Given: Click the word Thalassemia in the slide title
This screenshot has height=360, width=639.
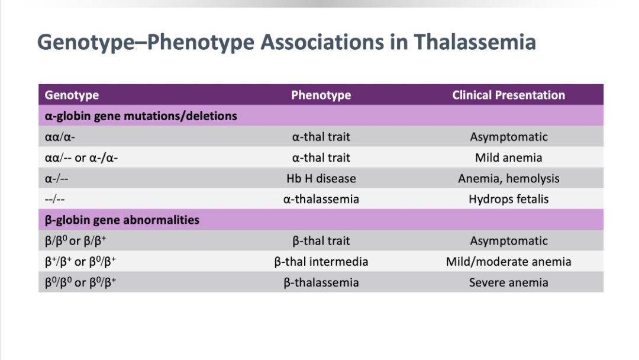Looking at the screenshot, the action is pos(475,42).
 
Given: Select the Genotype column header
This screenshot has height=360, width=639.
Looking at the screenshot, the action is pos(72,95).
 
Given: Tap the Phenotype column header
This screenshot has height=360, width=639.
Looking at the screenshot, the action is pos(321,95).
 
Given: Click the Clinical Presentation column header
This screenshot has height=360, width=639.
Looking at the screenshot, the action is pos(509,95).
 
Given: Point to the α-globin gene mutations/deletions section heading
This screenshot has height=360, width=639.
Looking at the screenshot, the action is pos(141,116).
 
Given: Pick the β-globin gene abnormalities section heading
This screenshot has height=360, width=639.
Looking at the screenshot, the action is pos(122,220).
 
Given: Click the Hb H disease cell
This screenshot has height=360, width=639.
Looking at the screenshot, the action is pos(321,179).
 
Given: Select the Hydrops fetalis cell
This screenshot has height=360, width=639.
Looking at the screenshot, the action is pos(509,200).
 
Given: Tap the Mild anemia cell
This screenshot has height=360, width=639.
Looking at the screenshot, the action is pos(509,157).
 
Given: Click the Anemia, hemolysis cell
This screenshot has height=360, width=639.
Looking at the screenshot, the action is pos(509,179).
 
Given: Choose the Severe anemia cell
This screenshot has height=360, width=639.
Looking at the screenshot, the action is pos(509,282).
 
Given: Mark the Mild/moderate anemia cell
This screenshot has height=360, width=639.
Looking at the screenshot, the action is pos(509,262).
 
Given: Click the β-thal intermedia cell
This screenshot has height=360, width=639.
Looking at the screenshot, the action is pos(321,262).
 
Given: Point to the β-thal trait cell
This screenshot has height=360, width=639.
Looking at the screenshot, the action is pos(321,241).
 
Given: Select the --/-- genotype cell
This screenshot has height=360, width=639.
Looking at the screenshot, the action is pos(54,200).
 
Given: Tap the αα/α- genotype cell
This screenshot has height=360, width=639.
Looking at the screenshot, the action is pos(60,137).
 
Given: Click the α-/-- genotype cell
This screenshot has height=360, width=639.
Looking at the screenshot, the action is pos(57,179).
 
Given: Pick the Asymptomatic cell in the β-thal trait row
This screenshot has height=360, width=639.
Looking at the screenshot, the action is pos(509,241).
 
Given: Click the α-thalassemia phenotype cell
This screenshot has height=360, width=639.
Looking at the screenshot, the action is pos(321,200).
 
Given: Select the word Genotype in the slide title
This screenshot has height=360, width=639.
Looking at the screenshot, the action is pos(86,43).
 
